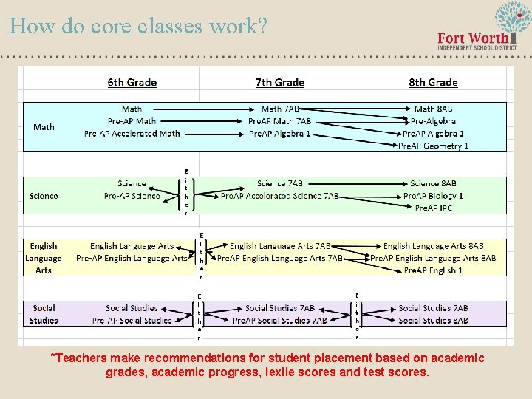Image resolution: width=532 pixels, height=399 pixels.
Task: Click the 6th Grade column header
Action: (x=132, y=82)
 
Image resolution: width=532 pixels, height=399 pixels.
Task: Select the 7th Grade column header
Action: (x=279, y=82)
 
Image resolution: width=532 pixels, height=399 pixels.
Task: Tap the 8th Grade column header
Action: (x=433, y=82)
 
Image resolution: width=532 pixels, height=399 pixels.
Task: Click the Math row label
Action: (x=44, y=127)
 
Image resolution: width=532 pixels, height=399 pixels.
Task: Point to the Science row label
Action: (x=44, y=196)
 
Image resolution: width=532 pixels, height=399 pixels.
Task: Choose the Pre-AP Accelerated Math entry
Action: (x=132, y=134)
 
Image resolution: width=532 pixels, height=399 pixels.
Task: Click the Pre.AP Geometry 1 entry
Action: (x=433, y=146)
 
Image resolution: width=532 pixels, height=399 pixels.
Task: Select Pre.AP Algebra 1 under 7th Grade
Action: (x=279, y=134)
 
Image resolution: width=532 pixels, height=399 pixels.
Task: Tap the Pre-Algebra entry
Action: (x=433, y=121)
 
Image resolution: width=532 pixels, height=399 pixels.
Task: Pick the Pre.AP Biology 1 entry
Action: (x=433, y=196)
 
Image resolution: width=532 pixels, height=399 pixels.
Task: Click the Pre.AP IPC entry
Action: (x=433, y=208)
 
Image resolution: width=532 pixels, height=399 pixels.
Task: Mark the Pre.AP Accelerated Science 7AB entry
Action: (x=279, y=196)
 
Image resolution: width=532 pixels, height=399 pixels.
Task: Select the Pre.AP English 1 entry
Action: (x=433, y=270)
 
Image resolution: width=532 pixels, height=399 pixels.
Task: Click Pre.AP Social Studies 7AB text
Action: (x=279, y=321)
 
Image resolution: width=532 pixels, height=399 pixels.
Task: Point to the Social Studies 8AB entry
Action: (x=433, y=321)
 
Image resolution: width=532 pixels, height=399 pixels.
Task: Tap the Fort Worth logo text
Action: (x=473, y=38)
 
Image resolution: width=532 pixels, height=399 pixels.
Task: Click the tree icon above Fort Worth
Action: (x=512, y=16)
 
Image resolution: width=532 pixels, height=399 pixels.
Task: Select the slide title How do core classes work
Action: (x=138, y=26)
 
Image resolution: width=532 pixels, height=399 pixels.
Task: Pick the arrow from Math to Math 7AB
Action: (x=202, y=109)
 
